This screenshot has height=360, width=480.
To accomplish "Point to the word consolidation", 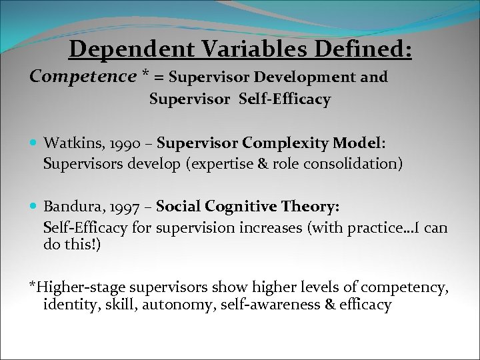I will pyautogui.click(x=355, y=163).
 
